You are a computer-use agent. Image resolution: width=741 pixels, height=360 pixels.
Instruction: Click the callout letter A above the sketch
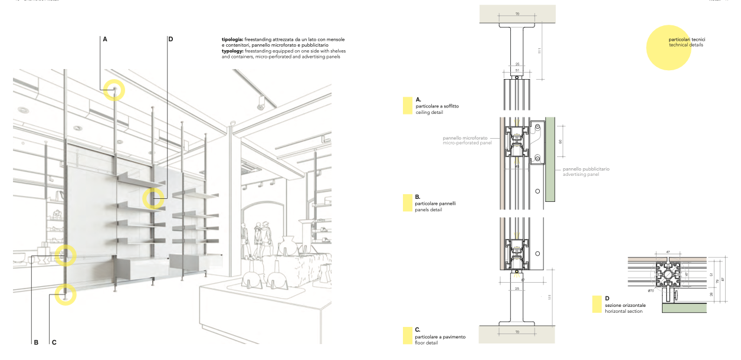click(x=105, y=39)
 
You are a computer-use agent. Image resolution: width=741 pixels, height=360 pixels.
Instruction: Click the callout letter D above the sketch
click(x=171, y=39)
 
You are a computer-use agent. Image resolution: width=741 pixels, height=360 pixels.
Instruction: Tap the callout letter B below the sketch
click(x=36, y=342)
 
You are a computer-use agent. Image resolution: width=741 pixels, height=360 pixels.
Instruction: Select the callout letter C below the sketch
click(x=54, y=342)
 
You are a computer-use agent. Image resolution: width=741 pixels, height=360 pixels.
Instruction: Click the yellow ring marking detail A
click(x=114, y=90)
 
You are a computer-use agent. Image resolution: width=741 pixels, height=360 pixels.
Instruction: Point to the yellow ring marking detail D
click(x=153, y=198)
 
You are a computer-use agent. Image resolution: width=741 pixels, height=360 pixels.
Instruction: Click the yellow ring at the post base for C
click(x=65, y=294)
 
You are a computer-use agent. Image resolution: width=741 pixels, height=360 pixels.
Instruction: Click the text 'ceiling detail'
click(x=429, y=112)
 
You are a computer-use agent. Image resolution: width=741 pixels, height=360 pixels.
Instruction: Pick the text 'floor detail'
click(x=427, y=342)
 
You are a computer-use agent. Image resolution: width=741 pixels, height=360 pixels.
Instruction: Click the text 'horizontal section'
click(x=625, y=311)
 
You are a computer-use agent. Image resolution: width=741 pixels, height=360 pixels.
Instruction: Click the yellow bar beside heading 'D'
click(x=596, y=304)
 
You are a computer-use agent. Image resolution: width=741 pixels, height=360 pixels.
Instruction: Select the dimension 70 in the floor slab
click(x=517, y=333)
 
